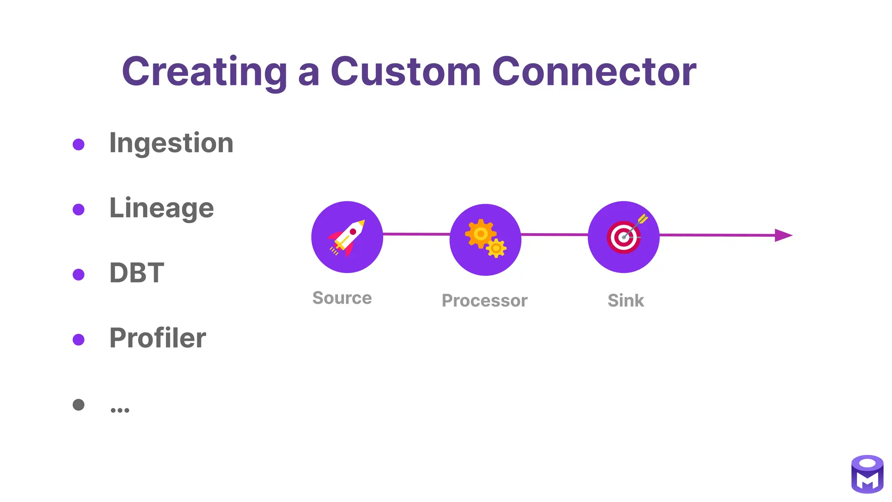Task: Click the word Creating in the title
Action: (x=204, y=72)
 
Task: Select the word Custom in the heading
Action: (x=405, y=71)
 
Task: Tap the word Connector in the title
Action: (x=594, y=71)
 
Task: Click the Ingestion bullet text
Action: (x=171, y=143)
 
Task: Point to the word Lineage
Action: (x=161, y=208)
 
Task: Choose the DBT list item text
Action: (x=136, y=273)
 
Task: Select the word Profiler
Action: (x=157, y=338)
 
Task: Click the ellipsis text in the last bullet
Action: (x=120, y=409)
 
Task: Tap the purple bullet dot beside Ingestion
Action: (x=78, y=144)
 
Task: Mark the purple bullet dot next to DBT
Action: (x=78, y=275)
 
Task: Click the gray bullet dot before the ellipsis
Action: (x=78, y=405)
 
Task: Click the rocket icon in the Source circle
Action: (x=347, y=237)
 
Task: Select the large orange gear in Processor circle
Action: (x=480, y=234)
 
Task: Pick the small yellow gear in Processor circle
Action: (x=496, y=248)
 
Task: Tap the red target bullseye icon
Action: (x=623, y=237)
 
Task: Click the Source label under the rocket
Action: (x=342, y=298)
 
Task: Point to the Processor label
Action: (x=484, y=301)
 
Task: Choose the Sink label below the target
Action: (x=625, y=301)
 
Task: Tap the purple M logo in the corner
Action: (x=867, y=475)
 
